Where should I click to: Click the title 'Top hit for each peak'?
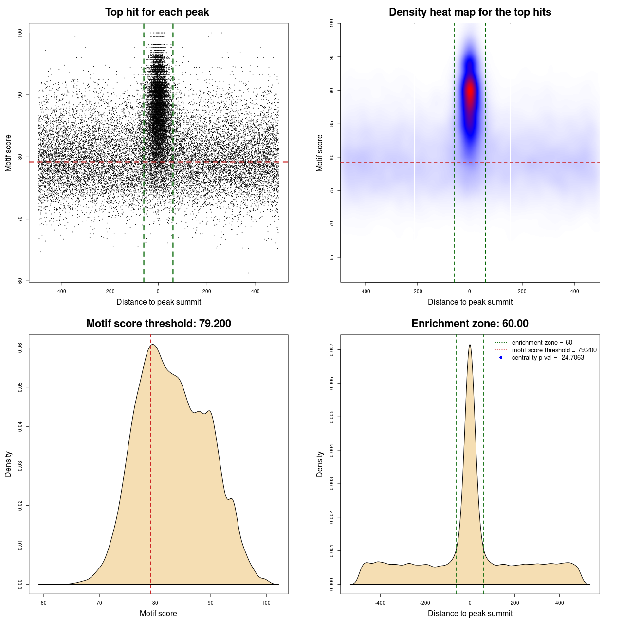click(157, 12)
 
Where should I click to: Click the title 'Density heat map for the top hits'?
click(470, 12)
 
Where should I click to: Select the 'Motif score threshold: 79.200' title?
click(158, 324)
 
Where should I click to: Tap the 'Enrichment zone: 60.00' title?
click(470, 324)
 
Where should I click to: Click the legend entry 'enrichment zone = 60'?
click(542, 343)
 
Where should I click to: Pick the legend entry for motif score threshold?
click(554, 350)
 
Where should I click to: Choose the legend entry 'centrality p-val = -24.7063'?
click(548, 358)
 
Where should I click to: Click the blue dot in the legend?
click(501, 358)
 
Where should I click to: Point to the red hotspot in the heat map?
click(470, 92)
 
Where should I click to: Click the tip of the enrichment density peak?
click(470, 345)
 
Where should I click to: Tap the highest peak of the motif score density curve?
click(153, 345)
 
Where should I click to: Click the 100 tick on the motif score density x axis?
click(266, 603)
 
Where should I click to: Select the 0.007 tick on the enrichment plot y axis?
click(332, 350)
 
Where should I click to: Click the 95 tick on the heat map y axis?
click(332, 57)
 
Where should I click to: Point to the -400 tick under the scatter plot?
click(61, 291)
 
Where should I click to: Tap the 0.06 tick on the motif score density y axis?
click(20, 348)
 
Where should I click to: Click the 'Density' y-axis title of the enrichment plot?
click(320, 464)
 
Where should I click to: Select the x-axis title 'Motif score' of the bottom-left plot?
click(158, 613)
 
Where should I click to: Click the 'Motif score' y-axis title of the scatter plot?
click(8, 153)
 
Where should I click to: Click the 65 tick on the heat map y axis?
click(332, 257)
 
